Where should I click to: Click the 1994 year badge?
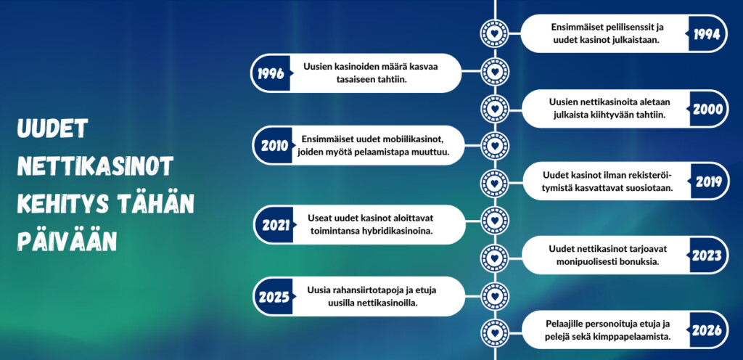pos(707,34)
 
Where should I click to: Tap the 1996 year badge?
pos(271,73)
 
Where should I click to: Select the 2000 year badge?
pos(707,110)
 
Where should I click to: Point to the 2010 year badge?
pos(274,146)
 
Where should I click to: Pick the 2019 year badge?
pos(707,182)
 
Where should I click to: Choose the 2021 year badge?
pos(275,225)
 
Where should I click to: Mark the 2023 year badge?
pos(707,255)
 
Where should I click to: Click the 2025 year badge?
pos(274,297)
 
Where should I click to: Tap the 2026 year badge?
pos(707,331)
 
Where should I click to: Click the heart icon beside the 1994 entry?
pos(495,33)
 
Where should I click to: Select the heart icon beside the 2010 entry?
pos(495,145)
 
